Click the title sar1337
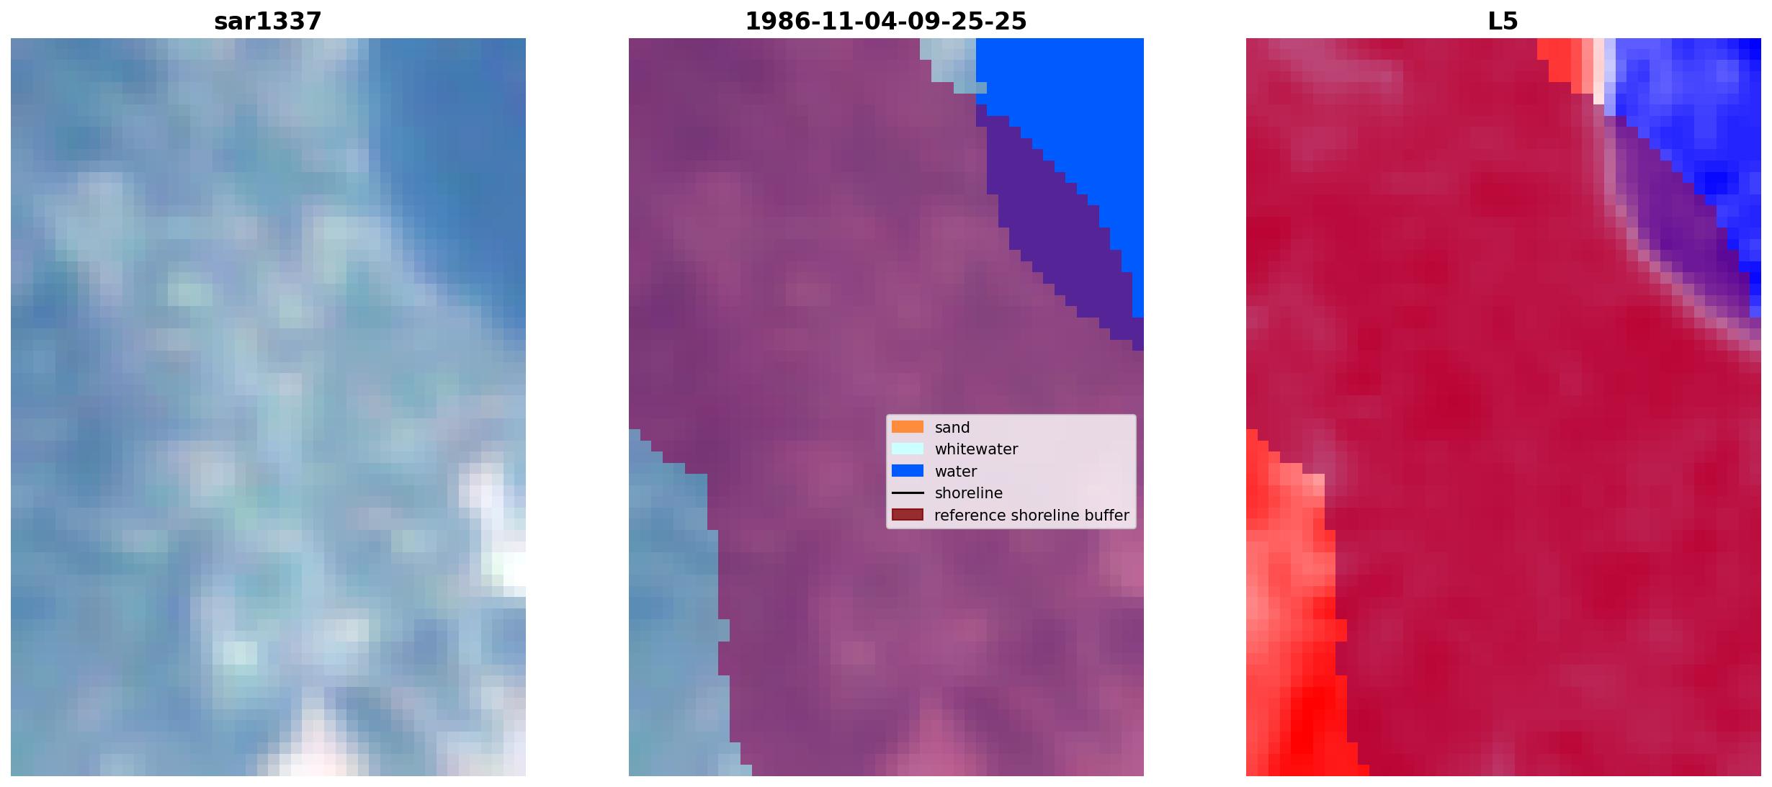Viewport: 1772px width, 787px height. click(x=268, y=22)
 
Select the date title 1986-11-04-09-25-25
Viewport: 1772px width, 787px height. click(x=885, y=22)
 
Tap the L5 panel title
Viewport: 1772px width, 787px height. click(x=1503, y=22)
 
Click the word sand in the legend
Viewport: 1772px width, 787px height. click(x=952, y=428)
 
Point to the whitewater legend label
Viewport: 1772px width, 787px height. click(x=976, y=449)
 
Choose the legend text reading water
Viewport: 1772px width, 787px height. click(x=955, y=472)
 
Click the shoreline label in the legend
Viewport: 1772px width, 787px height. click(x=968, y=493)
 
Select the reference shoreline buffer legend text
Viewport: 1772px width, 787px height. click(x=1032, y=516)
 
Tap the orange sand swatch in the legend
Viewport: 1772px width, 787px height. click(x=908, y=427)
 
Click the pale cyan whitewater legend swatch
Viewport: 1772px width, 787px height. click(x=908, y=449)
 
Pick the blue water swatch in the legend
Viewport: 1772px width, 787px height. click(x=908, y=471)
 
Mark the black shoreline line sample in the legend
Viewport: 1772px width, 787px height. click(x=908, y=493)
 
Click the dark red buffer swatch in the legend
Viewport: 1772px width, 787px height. click(x=908, y=515)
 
